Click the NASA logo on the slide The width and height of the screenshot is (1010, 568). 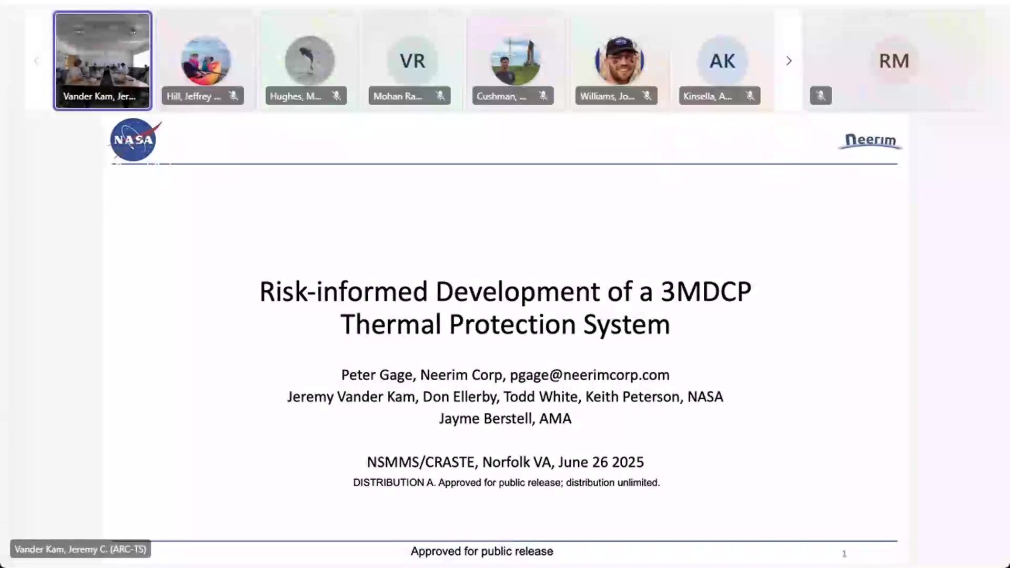pos(134,140)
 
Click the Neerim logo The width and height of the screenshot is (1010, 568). pos(870,140)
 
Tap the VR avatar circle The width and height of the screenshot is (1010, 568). pos(412,61)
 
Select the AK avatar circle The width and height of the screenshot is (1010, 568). pos(722,61)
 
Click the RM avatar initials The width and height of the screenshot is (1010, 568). pos(894,61)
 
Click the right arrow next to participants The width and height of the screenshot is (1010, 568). pos(789,61)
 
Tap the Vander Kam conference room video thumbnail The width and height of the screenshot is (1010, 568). pos(103,60)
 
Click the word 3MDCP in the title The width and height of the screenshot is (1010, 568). pos(706,292)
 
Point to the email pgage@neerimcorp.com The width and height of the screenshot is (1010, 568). pos(590,375)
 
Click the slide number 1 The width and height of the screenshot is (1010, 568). pos(844,553)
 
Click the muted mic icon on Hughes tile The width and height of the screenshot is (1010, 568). pos(336,96)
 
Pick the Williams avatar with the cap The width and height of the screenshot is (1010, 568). pos(619,60)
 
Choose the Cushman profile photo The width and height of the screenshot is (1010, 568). pos(516,61)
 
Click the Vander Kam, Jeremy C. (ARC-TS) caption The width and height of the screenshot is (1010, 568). pos(80,549)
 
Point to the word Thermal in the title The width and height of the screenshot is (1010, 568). pos(390,324)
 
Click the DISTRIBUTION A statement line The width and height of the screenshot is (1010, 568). pos(506,482)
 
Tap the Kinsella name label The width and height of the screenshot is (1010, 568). pos(708,96)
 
